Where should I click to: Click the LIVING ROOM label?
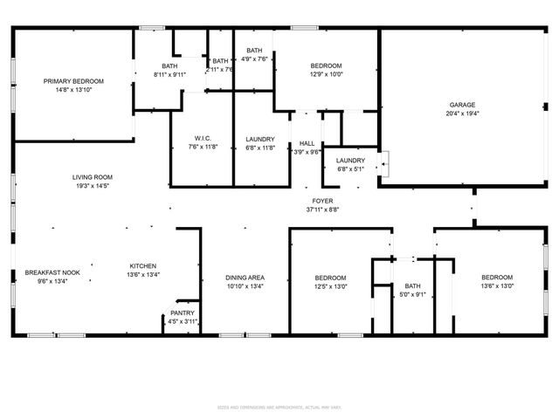tap(92, 177)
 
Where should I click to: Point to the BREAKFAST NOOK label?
tap(52, 272)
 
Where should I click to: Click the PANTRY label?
tap(183, 313)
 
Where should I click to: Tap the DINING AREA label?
tap(245, 277)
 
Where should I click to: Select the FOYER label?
tap(322, 201)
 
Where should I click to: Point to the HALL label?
tap(307, 143)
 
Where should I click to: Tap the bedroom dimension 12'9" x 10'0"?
tap(326, 75)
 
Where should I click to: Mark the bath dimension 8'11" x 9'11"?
tap(169, 75)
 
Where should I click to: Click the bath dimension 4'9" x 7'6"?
tap(254, 59)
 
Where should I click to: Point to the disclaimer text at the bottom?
tap(279, 406)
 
